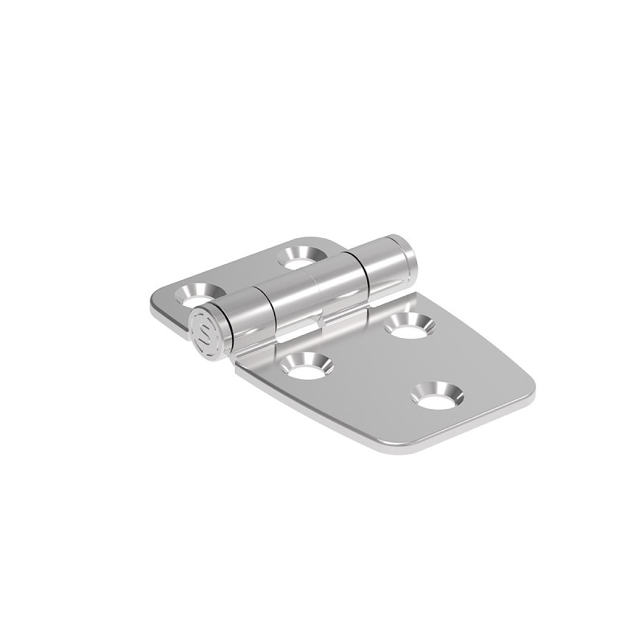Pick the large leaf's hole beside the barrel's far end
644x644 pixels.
point(408,325)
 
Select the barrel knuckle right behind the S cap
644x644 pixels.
point(243,320)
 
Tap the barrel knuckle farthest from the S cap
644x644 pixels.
point(386,265)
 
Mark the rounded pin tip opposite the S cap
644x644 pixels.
point(411,250)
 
